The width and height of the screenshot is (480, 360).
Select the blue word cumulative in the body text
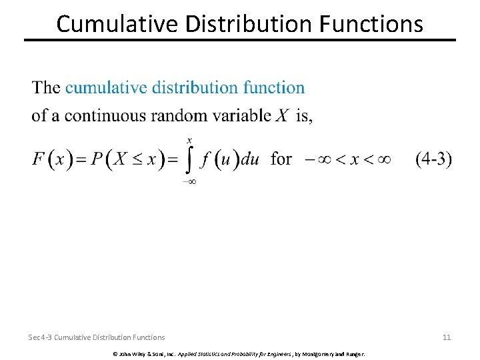[x=106, y=87]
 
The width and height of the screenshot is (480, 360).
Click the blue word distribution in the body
[x=195, y=87]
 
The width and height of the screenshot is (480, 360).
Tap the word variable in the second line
[x=238, y=115]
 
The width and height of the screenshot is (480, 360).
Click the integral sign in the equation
[x=189, y=159]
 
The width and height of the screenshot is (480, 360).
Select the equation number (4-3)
[x=433, y=159]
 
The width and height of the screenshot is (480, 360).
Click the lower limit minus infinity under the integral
[x=189, y=180]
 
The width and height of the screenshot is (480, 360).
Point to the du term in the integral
[x=249, y=160]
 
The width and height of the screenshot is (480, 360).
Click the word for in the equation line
[x=281, y=159]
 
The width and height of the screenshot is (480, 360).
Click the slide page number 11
[x=447, y=337]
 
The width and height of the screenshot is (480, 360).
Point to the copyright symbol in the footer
[x=115, y=353]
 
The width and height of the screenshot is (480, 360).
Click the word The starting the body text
[x=46, y=87]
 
